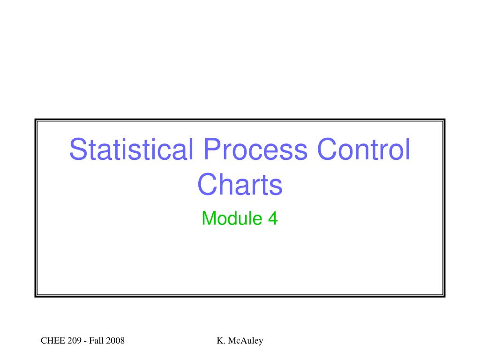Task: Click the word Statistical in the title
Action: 132,149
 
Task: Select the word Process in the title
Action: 255,149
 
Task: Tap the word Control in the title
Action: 363,149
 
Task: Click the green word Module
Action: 232,218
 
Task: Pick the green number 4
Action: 273,218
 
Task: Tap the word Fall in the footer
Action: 97,341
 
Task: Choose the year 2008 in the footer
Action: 115,341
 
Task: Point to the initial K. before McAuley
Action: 221,341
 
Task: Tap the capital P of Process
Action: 212,149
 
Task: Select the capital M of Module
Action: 209,218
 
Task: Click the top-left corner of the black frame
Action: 36,120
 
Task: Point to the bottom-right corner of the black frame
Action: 444,296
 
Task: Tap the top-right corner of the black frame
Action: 444,120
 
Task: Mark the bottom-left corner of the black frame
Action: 36,296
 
